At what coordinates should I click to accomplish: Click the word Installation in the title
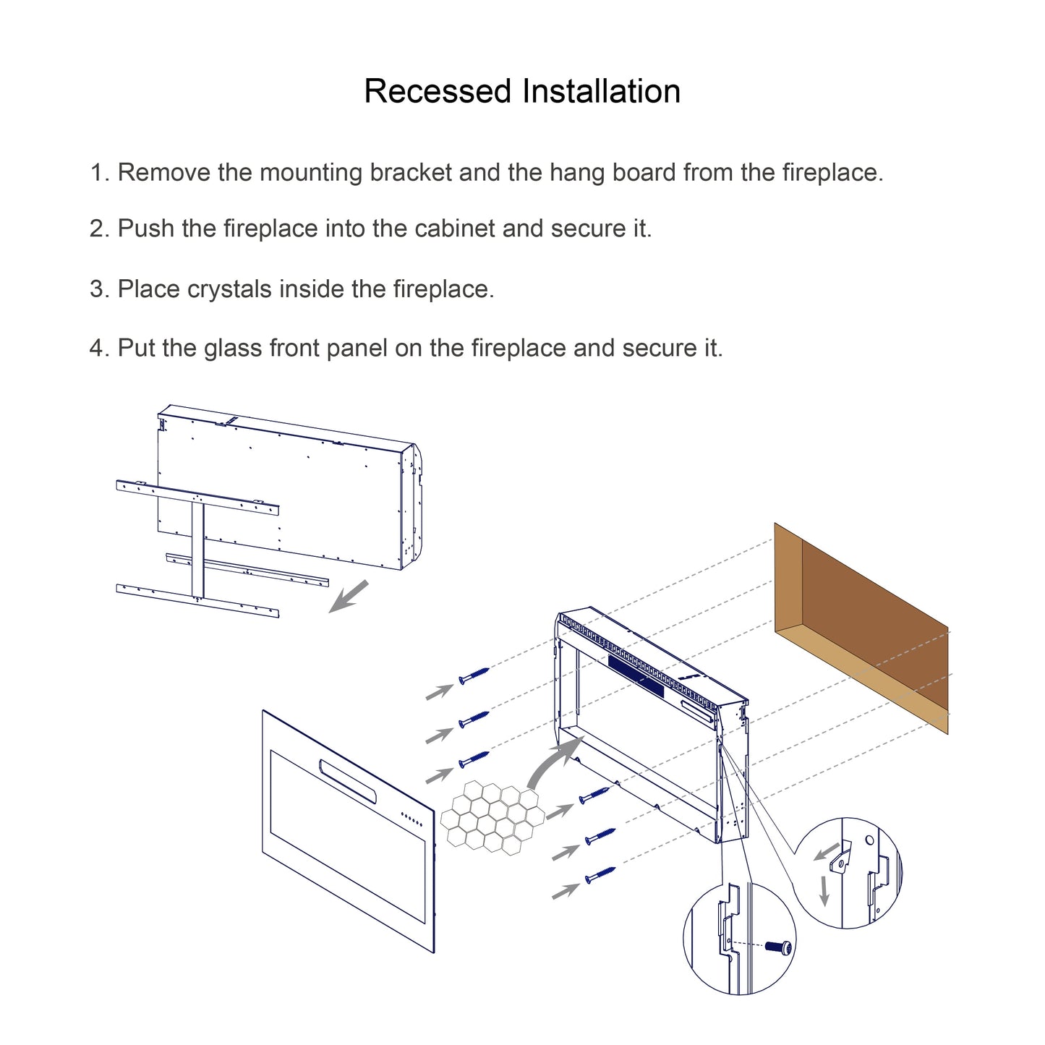coord(601,92)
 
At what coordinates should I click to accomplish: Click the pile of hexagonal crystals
coord(492,816)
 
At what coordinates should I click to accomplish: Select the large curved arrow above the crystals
coord(553,763)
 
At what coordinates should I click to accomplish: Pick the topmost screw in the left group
coord(474,675)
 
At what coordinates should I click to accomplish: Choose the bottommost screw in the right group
coord(600,875)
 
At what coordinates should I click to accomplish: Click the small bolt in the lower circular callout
coord(780,947)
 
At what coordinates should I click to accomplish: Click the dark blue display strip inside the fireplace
coord(636,676)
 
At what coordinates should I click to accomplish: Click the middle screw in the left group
coord(474,719)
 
